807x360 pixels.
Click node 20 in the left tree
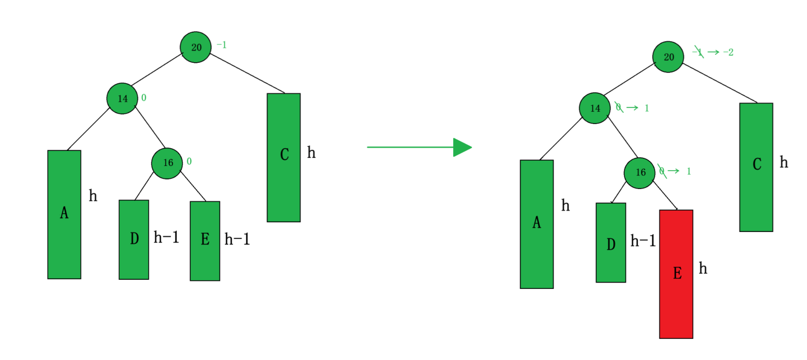pyautogui.click(x=196, y=47)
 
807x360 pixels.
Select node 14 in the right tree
pyautogui.click(x=594, y=108)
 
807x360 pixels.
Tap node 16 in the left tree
pyautogui.click(x=167, y=163)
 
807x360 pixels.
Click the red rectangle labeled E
pyautogui.click(x=676, y=274)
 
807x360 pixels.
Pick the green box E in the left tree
pyautogui.click(x=205, y=241)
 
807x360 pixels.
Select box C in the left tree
pyautogui.click(x=284, y=157)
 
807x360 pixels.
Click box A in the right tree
pyautogui.click(x=537, y=224)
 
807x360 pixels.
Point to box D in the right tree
pyautogui.click(x=611, y=242)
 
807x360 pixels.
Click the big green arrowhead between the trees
pyautogui.click(x=462, y=147)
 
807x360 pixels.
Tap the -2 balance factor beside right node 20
pyautogui.click(x=728, y=53)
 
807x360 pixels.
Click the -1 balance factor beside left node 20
pyautogui.click(x=221, y=45)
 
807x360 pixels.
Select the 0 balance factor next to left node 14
pyautogui.click(x=144, y=98)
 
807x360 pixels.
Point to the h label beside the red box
pyautogui.click(x=703, y=268)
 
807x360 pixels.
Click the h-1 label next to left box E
pyautogui.click(x=237, y=239)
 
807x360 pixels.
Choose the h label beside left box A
pyautogui.click(x=93, y=196)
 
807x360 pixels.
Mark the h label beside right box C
pyautogui.click(x=784, y=162)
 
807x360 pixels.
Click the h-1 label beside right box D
pyautogui.click(x=643, y=241)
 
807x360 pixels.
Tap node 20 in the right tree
pyautogui.click(x=668, y=57)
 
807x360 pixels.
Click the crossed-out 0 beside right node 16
pyautogui.click(x=662, y=171)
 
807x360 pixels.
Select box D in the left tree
pyautogui.click(x=134, y=239)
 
